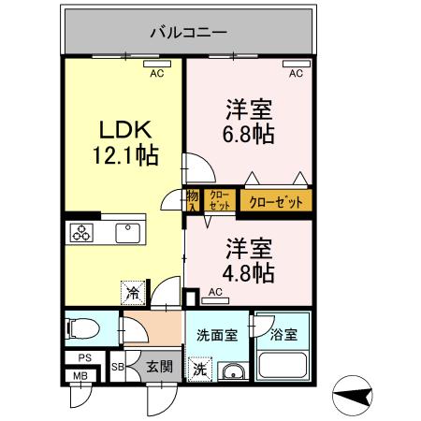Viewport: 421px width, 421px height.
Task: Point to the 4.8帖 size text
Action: [x=248, y=273]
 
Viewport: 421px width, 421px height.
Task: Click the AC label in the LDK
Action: [x=157, y=73]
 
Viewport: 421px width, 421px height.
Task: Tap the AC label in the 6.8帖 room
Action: [x=296, y=73]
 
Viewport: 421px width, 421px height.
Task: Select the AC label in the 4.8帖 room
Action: [x=215, y=293]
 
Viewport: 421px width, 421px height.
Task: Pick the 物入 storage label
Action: [x=192, y=201]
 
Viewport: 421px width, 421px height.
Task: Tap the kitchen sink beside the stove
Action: [x=123, y=233]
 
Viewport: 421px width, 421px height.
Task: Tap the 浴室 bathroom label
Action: [x=283, y=332]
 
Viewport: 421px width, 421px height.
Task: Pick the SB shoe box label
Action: [x=118, y=367]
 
